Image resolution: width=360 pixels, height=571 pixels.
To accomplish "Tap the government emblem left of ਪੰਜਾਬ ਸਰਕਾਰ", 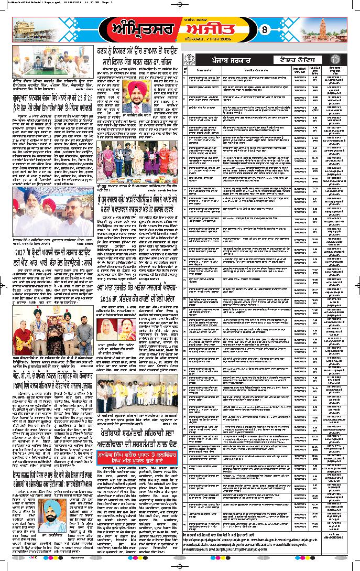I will (x=192, y=60).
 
